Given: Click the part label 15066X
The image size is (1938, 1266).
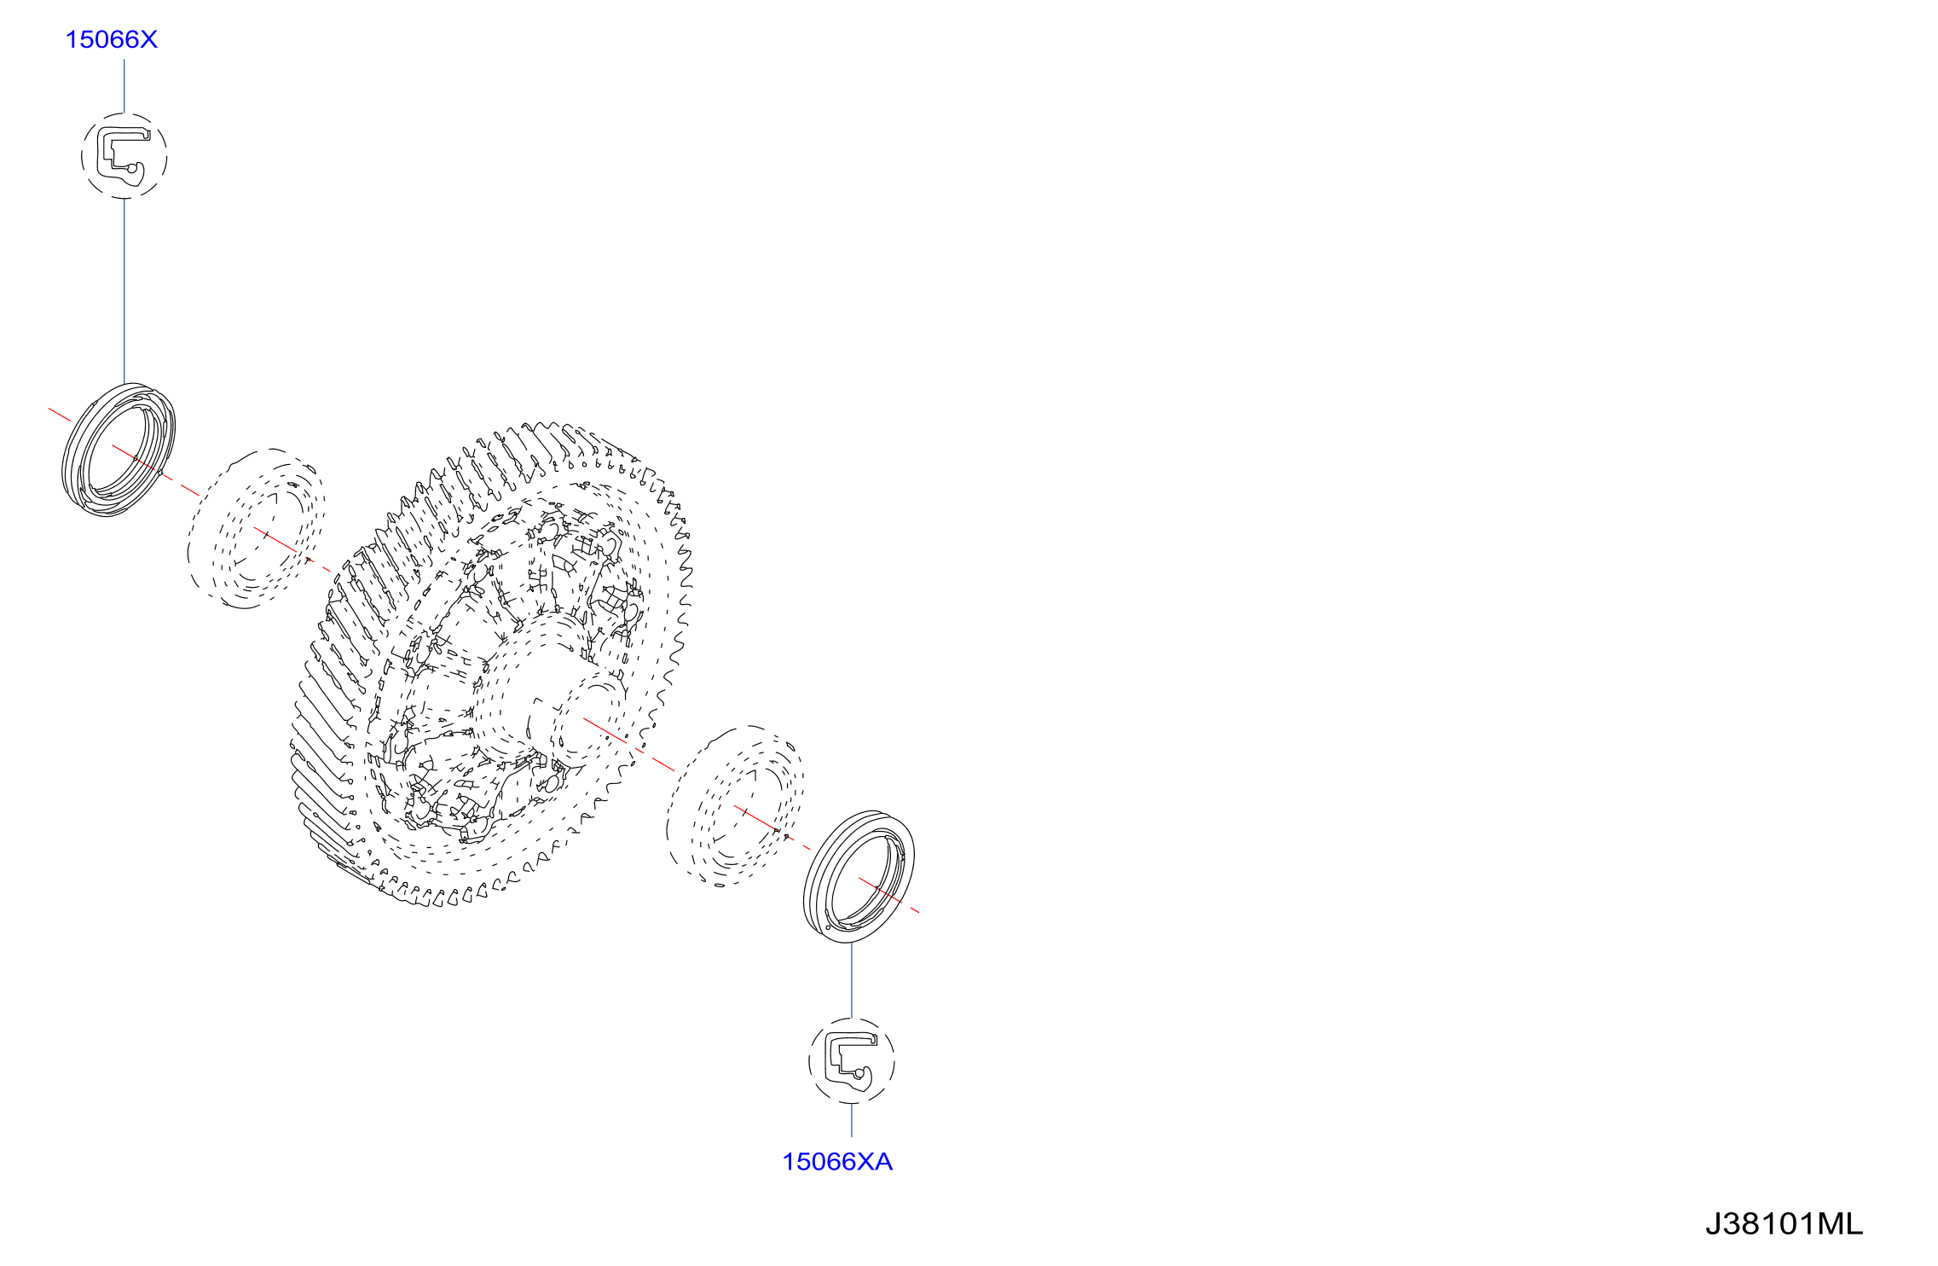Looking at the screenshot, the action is [x=112, y=39].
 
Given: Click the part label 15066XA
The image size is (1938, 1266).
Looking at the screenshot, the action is [x=837, y=1162].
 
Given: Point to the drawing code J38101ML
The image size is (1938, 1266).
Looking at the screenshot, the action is [x=1784, y=1224].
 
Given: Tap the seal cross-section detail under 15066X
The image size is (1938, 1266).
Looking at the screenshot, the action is [x=124, y=156].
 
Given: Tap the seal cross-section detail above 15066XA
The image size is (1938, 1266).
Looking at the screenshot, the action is [x=852, y=1061].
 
